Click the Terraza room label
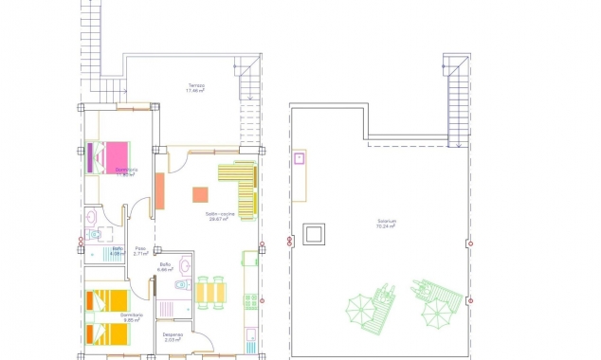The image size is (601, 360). click(196, 87)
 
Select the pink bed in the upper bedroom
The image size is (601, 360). click(115, 155)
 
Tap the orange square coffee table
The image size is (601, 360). click(200, 194)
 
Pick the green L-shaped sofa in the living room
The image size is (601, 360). click(241, 188)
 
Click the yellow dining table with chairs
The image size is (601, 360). click(210, 293)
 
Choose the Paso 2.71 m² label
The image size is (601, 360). click(140, 251)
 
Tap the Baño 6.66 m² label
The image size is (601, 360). click(165, 266)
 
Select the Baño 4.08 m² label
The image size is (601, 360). click(118, 251)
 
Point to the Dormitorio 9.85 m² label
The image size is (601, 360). click(131, 316)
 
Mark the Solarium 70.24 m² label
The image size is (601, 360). click(385, 224)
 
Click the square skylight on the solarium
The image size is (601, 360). click(314, 233)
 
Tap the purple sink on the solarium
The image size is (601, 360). click(299, 158)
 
